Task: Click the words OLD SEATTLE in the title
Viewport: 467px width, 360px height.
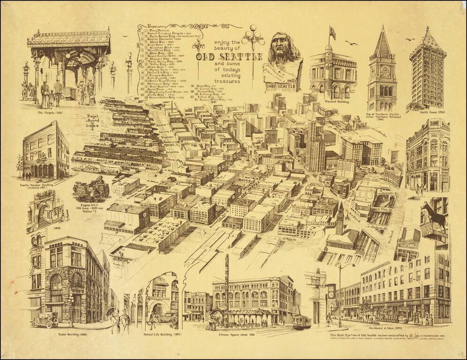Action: (x=229, y=57)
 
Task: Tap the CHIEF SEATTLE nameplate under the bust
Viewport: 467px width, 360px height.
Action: (x=281, y=86)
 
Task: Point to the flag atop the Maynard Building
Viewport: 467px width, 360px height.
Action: (x=332, y=32)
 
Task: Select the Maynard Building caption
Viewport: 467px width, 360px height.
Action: (x=336, y=102)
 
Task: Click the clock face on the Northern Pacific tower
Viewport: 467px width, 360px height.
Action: (x=385, y=71)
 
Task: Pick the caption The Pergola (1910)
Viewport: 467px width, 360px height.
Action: (x=50, y=113)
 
